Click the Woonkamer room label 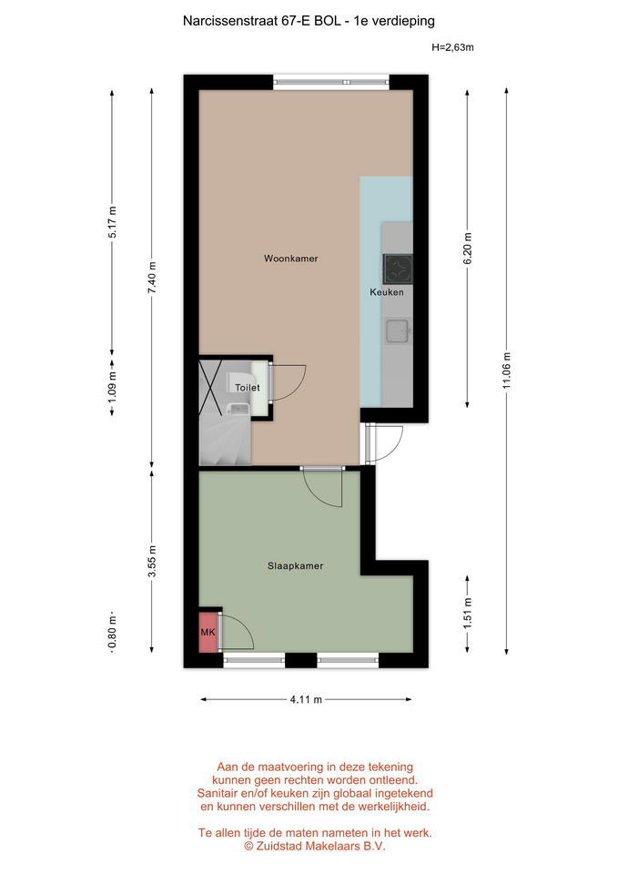(291, 259)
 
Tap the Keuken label (387, 292)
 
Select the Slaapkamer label (295, 565)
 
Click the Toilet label (247, 388)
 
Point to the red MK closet (208, 632)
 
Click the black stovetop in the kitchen (398, 269)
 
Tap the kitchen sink (398, 330)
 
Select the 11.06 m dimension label (507, 371)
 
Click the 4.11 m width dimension (306, 699)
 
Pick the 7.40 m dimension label (152, 278)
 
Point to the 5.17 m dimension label (113, 222)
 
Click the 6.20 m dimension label (468, 249)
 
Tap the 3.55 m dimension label (152, 563)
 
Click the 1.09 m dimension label (113, 388)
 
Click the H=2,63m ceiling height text (452, 47)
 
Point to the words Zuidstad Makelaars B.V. (319, 846)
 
